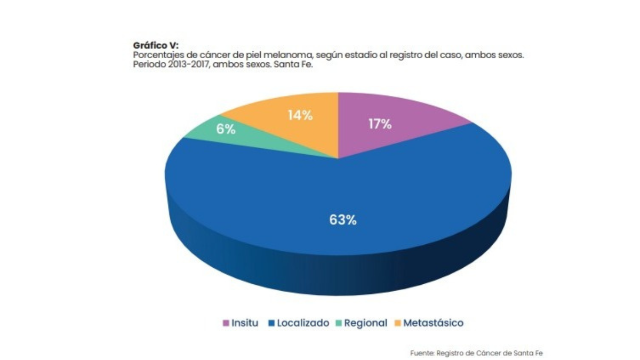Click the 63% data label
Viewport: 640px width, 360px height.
pyautogui.click(x=342, y=220)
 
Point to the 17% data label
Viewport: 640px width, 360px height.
pyautogui.click(x=380, y=124)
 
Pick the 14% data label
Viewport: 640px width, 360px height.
pyautogui.click(x=300, y=115)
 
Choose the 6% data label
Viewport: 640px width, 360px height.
pyautogui.click(x=226, y=129)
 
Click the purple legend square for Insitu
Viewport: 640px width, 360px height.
pyautogui.click(x=226, y=323)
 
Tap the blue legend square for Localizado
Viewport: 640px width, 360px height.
pyautogui.click(x=271, y=323)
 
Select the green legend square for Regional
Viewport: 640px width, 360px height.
pyautogui.click(x=339, y=323)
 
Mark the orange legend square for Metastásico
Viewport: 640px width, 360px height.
pyautogui.click(x=397, y=323)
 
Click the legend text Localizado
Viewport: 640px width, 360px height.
pyautogui.click(x=303, y=323)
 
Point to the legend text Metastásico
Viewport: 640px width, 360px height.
pyautogui.click(x=434, y=323)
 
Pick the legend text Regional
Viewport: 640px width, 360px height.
pyautogui.click(x=366, y=323)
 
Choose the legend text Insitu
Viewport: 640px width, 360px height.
pyautogui.click(x=245, y=323)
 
